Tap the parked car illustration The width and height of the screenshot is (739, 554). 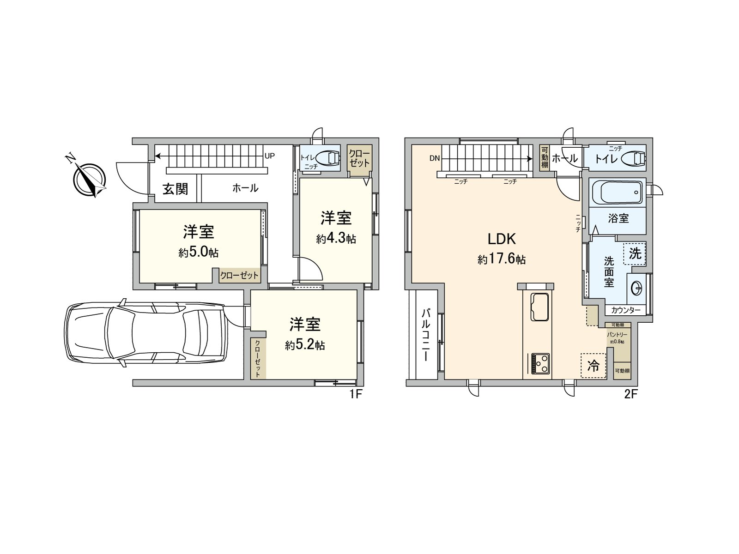click(146, 335)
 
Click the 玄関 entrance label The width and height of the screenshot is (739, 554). click(175, 189)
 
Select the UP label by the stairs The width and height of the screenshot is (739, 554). click(270, 156)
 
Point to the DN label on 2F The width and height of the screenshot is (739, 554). click(434, 158)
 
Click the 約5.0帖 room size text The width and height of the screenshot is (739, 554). click(199, 253)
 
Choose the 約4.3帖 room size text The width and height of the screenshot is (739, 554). click(336, 239)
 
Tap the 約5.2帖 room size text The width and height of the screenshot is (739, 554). click(305, 345)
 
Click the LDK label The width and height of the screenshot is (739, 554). click(502, 239)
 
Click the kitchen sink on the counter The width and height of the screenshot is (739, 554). click(539, 306)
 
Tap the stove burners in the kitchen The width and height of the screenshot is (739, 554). click(540, 363)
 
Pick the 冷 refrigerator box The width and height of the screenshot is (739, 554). click(593, 366)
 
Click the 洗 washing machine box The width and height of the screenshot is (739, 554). click(635, 253)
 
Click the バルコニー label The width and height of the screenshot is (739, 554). click(425, 335)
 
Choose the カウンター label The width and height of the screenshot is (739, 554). click(626, 310)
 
